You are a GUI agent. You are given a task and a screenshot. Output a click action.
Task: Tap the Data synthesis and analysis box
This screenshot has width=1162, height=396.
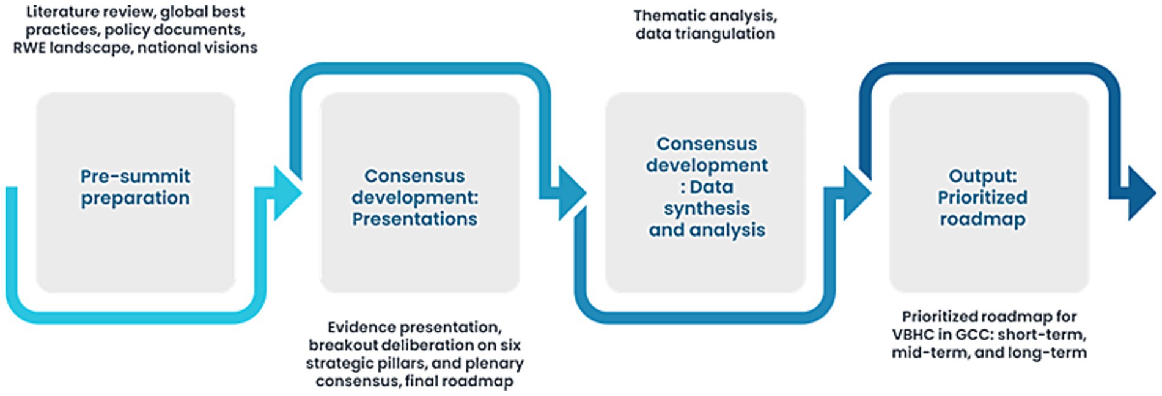pyautogui.click(x=705, y=263)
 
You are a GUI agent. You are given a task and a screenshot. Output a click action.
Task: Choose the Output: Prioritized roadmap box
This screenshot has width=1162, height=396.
pyautogui.click(x=988, y=257)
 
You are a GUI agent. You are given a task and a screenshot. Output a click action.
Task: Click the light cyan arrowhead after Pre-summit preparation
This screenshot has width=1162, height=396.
pyautogui.click(x=287, y=193)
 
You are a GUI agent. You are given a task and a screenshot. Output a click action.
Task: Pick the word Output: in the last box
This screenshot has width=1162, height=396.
pyautogui.click(x=982, y=176)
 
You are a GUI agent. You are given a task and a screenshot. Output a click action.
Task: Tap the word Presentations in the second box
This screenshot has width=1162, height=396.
pyautogui.click(x=414, y=219)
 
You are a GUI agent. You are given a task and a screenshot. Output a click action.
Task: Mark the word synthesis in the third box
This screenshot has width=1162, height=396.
pyautogui.click(x=707, y=208)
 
